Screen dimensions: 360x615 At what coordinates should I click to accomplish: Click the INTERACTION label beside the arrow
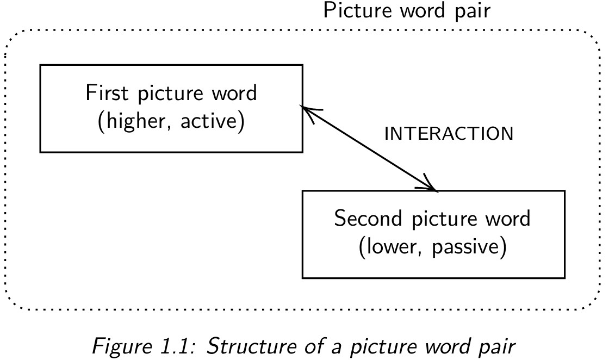449,134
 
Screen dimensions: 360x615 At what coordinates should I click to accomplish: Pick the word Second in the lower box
368,219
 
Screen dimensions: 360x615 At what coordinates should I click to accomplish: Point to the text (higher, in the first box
131,121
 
